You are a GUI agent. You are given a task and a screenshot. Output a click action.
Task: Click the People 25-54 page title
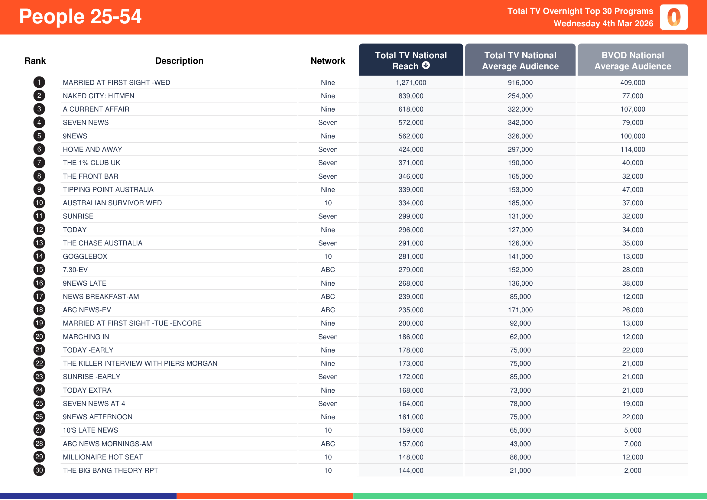[80, 16]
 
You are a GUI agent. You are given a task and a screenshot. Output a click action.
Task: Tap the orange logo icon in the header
[673, 17]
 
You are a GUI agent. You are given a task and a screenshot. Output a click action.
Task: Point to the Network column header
[328, 61]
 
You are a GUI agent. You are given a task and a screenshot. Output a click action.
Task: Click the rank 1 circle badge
[39, 82]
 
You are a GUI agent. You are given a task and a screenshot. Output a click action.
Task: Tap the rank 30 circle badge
[39, 470]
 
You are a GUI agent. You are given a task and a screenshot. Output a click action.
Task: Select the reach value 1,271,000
[411, 83]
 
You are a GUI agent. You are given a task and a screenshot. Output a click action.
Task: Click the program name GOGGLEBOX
[85, 256]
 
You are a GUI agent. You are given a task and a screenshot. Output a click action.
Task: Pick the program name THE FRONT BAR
[91, 176]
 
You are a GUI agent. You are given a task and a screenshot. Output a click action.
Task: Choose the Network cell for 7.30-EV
[328, 270]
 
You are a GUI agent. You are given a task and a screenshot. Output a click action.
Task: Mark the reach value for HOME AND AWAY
[411, 149]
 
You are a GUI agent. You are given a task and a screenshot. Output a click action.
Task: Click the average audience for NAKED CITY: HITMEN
[520, 96]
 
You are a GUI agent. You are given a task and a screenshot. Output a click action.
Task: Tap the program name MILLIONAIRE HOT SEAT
[103, 457]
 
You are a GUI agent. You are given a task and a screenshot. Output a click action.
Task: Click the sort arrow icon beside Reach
[426, 65]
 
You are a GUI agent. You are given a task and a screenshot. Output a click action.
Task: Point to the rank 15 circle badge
[39, 269]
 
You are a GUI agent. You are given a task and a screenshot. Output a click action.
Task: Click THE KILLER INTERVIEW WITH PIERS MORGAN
[140, 363]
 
